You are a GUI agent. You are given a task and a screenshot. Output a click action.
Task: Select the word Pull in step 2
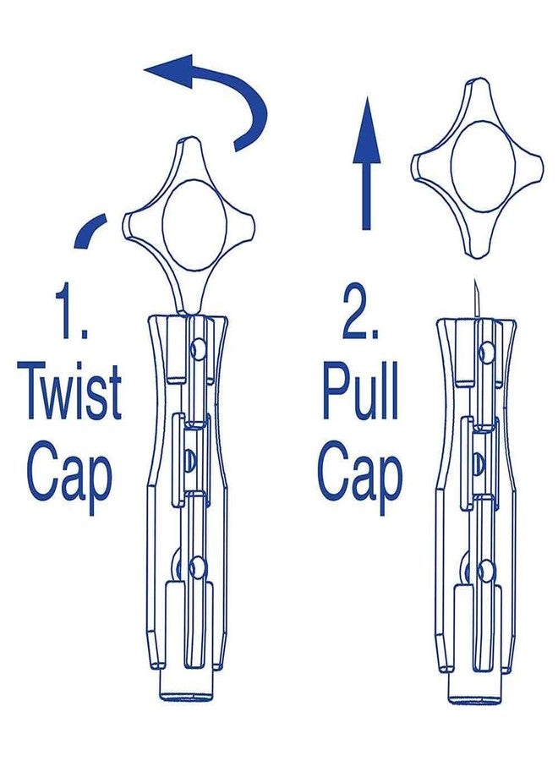(x=360, y=394)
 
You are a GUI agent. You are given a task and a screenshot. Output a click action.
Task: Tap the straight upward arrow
(x=367, y=162)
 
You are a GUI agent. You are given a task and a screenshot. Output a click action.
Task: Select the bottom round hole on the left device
(x=197, y=567)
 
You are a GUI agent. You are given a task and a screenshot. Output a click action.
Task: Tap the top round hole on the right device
(x=485, y=353)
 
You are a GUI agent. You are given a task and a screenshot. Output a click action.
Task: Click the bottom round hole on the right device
(x=484, y=570)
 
